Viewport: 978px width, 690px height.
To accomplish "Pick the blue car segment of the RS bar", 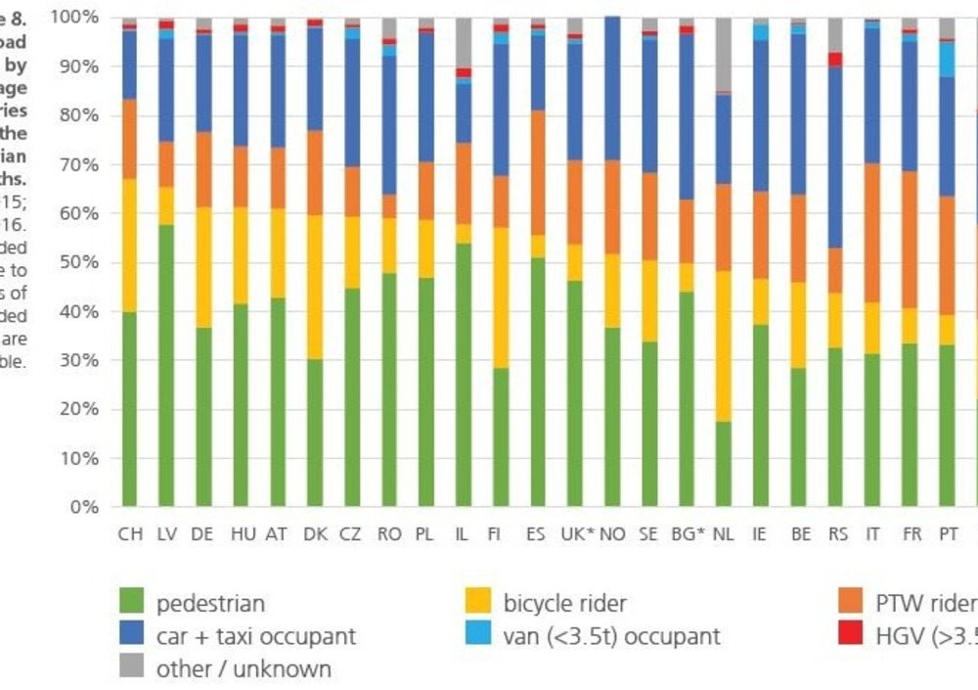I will pyautogui.click(x=834, y=157).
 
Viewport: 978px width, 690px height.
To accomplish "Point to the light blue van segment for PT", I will pyautogui.click(x=946, y=59).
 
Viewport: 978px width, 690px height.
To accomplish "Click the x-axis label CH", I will pyautogui.click(x=130, y=534).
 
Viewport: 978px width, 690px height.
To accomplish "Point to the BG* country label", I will pyautogui.click(x=688, y=534).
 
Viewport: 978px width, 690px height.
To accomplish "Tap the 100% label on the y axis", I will pyautogui.click(x=75, y=18).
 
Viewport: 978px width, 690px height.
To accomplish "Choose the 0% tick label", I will pyautogui.click(x=85, y=507).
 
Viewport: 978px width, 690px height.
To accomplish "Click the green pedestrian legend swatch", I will pyautogui.click(x=132, y=603).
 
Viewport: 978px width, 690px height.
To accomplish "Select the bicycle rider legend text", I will pyautogui.click(x=564, y=603).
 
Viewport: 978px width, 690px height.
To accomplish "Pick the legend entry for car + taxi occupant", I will pyautogui.click(x=255, y=636).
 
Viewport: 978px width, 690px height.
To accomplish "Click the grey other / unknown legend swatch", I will pyautogui.click(x=132, y=668).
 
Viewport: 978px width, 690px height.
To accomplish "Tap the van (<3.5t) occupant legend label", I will pyautogui.click(x=611, y=636).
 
